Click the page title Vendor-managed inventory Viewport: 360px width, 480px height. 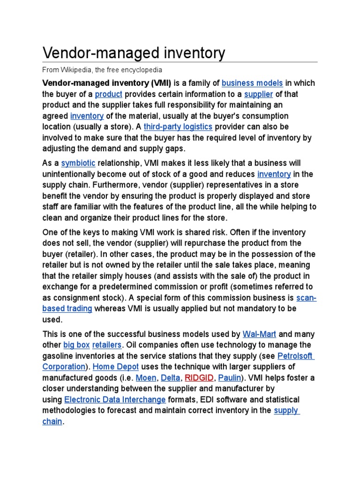[x=134, y=53]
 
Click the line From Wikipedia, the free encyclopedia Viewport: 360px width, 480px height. [x=102, y=70]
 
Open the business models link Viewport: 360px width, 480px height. [x=252, y=83]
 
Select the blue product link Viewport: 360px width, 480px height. [x=108, y=94]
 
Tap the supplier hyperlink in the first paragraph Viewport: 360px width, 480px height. [x=258, y=94]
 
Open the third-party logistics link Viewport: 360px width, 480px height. [x=178, y=127]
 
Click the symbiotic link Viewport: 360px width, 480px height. [x=78, y=163]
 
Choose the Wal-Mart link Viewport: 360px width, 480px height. [x=259, y=334]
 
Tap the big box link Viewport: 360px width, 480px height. [x=76, y=345]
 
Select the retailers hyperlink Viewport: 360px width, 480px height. [x=107, y=345]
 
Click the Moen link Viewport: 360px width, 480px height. [x=146, y=377]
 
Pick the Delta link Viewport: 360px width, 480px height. [x=170, y=377]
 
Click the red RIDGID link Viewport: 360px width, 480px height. [x=199, y=377]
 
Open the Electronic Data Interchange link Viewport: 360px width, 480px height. [x=115, y=399]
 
